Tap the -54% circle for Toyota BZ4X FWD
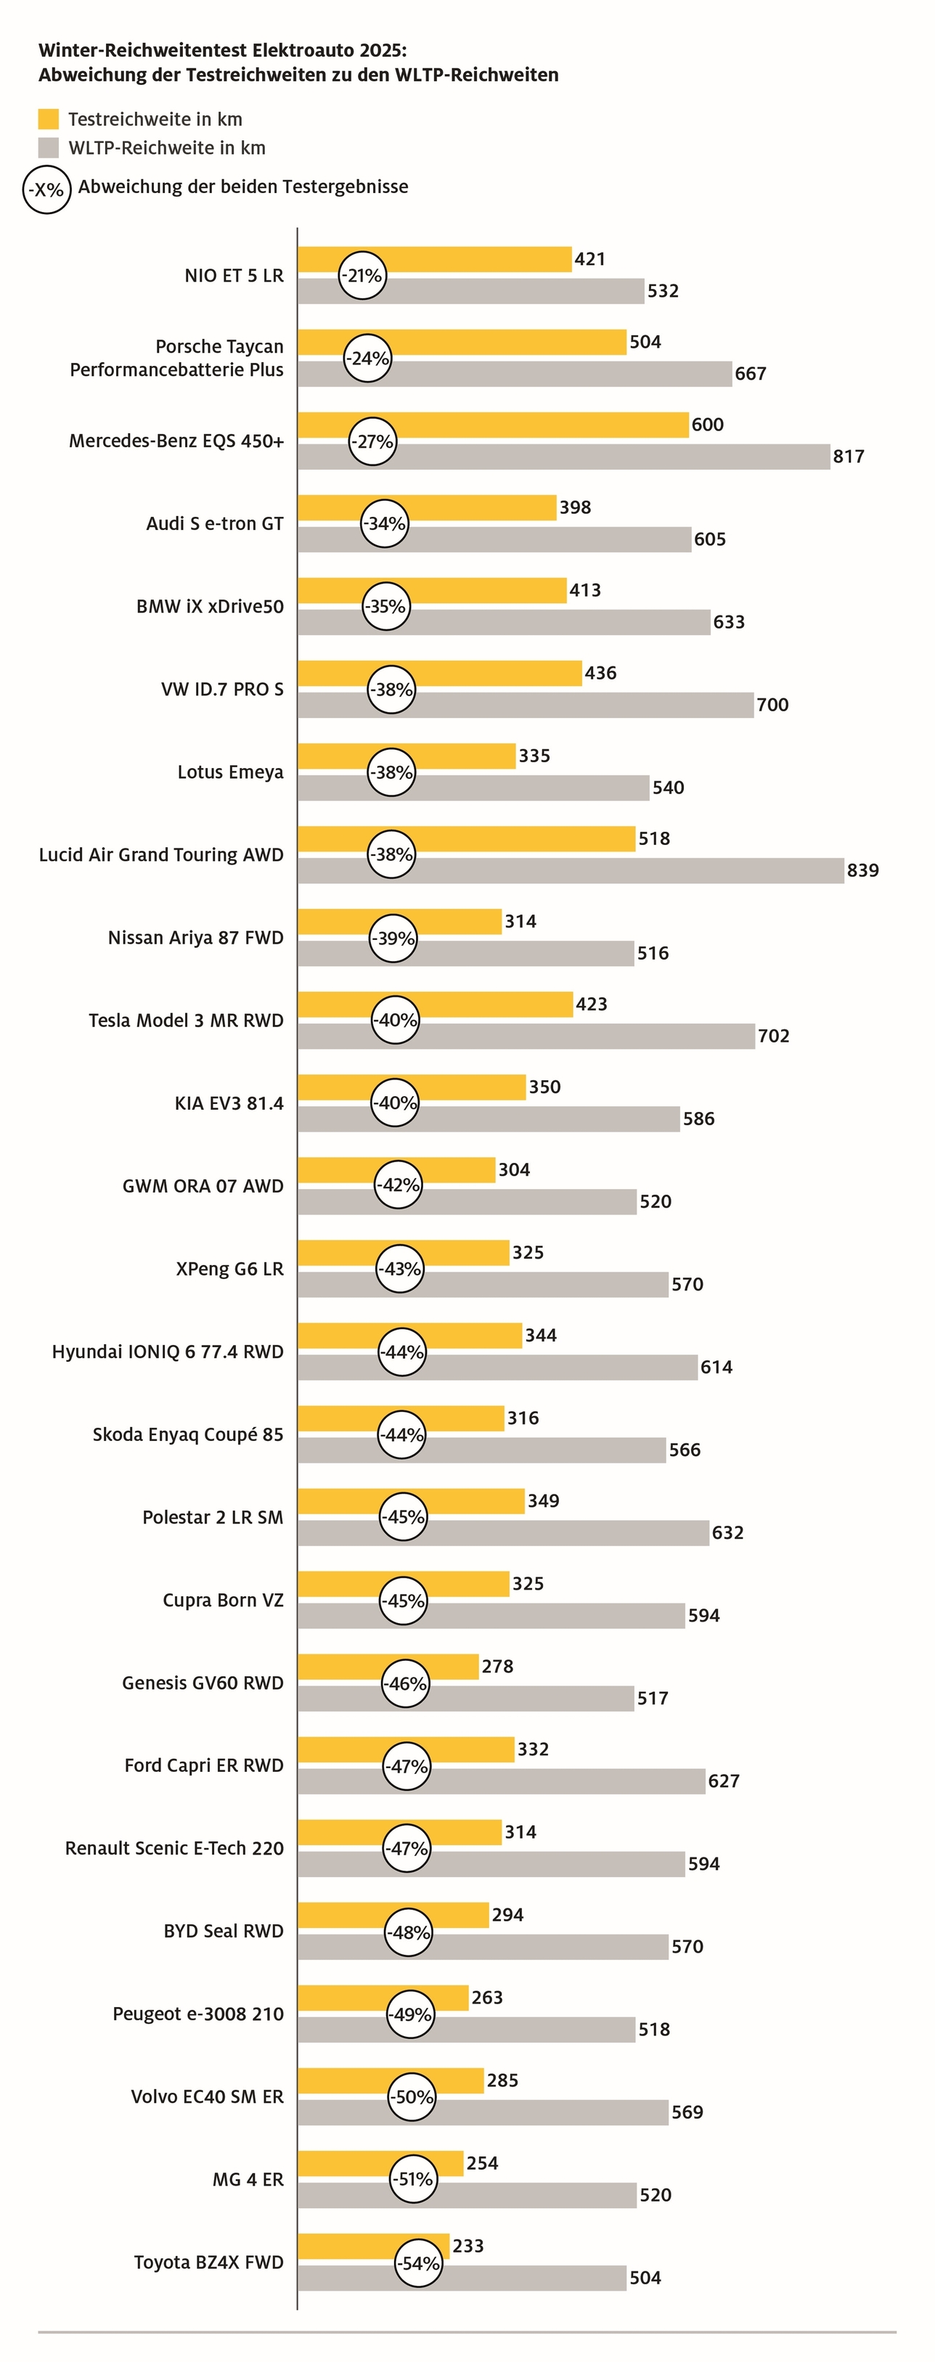[418, 2263]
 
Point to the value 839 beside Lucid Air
[862, 870]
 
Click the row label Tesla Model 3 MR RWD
[186, 1021]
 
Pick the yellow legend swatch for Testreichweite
[49, 119]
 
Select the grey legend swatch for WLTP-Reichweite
[49, 147]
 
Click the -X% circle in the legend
[46, 189]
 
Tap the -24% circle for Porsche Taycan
[367, 359]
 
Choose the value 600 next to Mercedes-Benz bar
[708, 425]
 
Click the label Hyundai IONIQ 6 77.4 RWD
[168, 1352]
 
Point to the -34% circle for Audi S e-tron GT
[384, 523]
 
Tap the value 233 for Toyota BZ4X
[468, 2246]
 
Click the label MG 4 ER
[248, 2180]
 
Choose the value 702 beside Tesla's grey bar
[774, 1036]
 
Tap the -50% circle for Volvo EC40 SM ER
[412, 2097]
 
